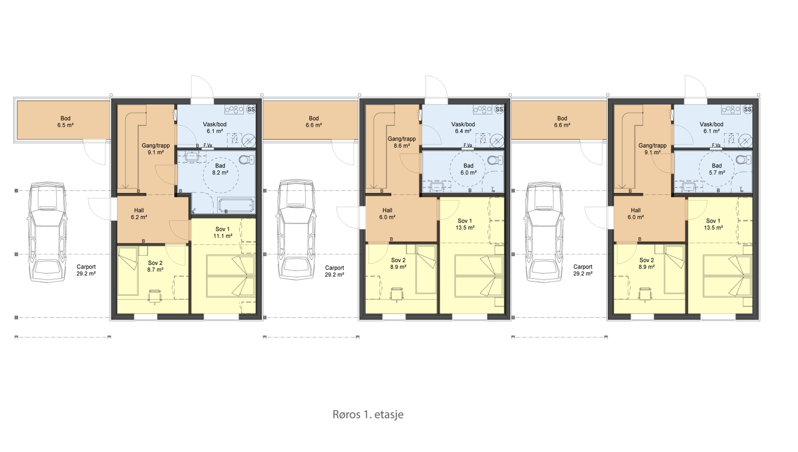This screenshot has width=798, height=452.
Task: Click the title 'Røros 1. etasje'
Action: coord(368,414)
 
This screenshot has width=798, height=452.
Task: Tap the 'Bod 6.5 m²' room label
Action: coord(66,122)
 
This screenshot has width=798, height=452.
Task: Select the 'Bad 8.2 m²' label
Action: coord(220,169)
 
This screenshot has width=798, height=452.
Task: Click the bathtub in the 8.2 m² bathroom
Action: coord(236,205)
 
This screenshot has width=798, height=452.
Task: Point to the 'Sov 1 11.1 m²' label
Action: coord(222,232)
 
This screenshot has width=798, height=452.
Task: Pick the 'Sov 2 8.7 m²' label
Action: coord(155,266)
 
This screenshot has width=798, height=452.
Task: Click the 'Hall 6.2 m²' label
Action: coord(139,214)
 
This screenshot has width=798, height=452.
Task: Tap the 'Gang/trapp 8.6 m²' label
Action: coord(402,142)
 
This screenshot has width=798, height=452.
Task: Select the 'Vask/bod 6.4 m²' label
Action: coord(463,128)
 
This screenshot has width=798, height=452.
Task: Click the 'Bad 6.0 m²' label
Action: coord(468,169)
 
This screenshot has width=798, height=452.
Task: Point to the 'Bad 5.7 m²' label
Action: coord(717,169)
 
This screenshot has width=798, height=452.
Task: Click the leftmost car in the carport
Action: coord(47,232)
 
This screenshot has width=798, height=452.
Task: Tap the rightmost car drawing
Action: coord(544,232)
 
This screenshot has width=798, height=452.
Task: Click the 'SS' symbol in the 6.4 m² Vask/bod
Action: coord(499,109)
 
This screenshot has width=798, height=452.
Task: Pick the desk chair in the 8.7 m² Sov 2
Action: coord(155,296)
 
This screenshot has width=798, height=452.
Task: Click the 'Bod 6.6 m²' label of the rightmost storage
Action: coord(562,122)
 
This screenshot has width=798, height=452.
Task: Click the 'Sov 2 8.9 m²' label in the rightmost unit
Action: coord(647,263)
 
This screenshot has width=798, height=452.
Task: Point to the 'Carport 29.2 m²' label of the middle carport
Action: coord(334,271)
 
